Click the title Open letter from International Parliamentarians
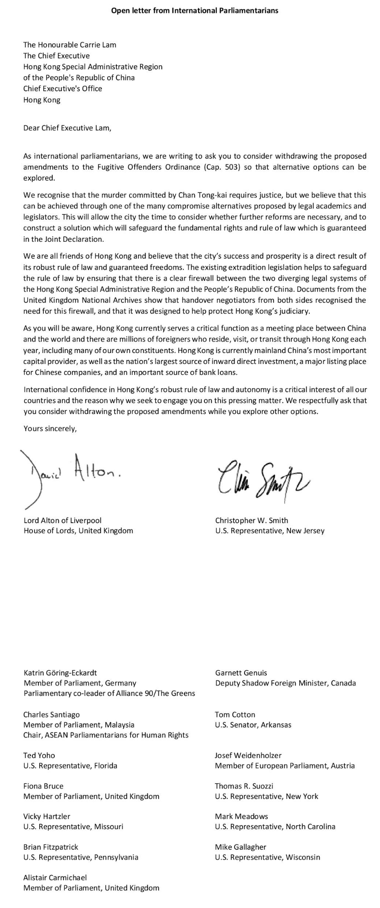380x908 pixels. click(194, 10)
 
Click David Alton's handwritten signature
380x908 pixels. click(73, 474)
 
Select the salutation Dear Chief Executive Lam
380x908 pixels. click(67, 128)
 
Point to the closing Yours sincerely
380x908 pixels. click(50, 428)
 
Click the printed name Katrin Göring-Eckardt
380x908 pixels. click(60, 672)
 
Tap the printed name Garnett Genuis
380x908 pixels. click(241, 672)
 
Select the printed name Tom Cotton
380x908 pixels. click(235, 714)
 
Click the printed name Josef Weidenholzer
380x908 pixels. click(248, 755)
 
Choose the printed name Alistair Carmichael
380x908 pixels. click(55, 877)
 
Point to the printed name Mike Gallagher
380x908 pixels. click(240, 846)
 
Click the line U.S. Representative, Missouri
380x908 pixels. click(73, 826)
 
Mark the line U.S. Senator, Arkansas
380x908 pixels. click(253, 724)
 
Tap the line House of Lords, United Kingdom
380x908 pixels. click(78, 530)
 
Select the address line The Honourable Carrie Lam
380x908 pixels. click(70, 45)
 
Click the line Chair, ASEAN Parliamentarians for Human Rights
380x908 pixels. click(106, 735)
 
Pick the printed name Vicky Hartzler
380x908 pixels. click(47, 816)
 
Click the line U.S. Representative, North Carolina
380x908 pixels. click(275, 826)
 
